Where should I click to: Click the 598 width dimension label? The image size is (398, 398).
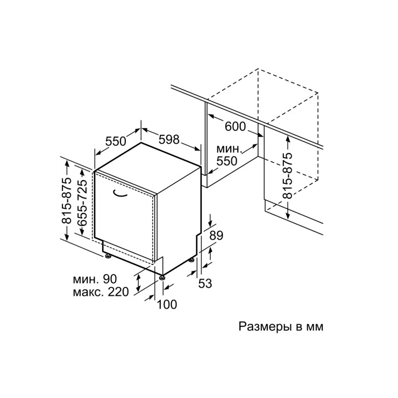tap(169, 139)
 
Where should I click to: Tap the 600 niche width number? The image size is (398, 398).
tap(235, 126)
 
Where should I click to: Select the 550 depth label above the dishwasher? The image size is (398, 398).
tap(116, 141)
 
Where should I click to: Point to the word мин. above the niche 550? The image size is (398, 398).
tap(228, 149)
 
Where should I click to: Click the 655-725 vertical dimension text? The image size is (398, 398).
tap(82, 204)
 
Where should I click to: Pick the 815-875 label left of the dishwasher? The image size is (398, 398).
tap(67, 201)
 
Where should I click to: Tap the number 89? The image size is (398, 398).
tap(216, 236)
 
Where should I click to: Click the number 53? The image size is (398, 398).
tap(205, 283)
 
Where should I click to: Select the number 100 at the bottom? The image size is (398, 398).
tap(167, 304)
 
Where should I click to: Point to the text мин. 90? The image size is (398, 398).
tap(95, 279)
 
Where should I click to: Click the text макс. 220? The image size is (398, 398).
tap(101, 292)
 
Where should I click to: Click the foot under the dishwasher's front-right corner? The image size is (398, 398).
tap(162, 278)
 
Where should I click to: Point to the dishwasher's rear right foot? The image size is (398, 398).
tap(191, 260)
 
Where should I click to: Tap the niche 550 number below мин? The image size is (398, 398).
tap(226, 161)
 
